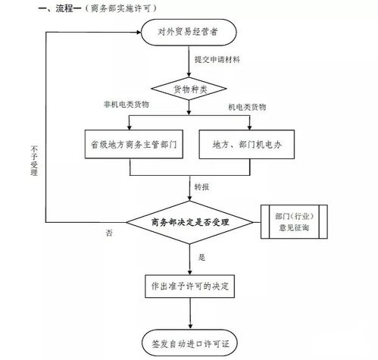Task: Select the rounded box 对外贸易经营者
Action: coord(189,33)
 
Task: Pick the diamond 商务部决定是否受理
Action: coord(189,221)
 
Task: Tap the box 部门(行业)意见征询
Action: coord(292,221)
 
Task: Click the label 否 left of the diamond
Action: coord(109,233)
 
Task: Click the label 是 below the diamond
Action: coord(201,258)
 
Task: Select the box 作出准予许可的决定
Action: coord(189,287)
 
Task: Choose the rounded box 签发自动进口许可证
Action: coord(189,343)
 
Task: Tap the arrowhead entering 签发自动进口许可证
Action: coord(189,327)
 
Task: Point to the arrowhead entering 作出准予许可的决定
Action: coord(189,271)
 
